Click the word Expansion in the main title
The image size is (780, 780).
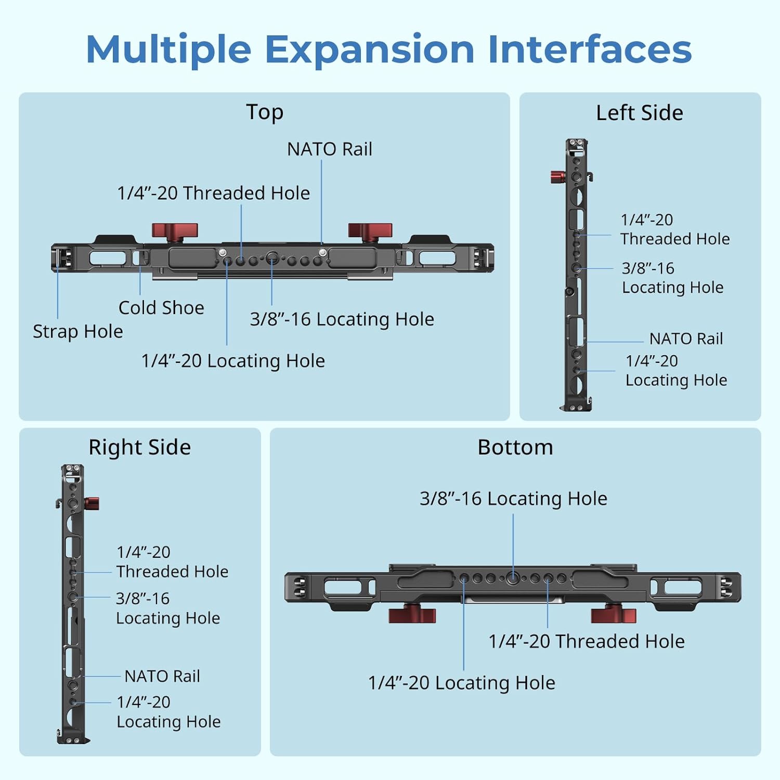[369, 50]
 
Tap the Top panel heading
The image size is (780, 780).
[265, 112]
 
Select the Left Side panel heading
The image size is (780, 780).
[639, 113]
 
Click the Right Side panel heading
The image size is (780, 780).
[139, 447]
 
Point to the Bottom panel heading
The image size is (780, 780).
[515, 447]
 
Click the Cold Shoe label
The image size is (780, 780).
[161, 308]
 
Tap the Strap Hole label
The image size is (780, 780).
[78, 331]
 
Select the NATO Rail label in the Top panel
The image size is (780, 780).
[329, 149]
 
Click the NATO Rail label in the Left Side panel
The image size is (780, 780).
[686, 339]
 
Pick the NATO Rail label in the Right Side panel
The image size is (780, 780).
[162, 676]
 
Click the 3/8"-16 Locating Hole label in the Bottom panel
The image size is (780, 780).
[513, 499]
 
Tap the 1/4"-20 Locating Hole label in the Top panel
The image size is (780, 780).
[233, 361]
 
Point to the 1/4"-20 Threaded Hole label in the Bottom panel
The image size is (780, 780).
[586, 641]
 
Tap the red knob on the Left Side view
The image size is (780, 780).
[558, 177]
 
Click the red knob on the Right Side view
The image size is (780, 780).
[92, 503]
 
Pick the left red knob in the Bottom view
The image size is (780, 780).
[412, 614]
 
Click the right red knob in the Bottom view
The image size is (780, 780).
[614, 615]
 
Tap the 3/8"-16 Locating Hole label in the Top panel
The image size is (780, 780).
[342, 319]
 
